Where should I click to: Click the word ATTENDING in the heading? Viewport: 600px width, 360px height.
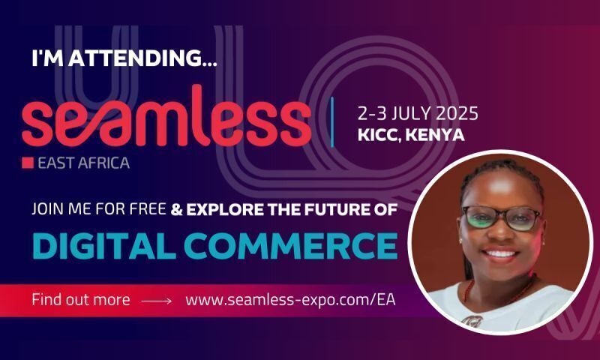[142, 58]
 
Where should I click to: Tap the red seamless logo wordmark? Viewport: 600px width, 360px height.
[166, 116]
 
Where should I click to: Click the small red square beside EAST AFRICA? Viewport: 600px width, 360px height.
[28, 163]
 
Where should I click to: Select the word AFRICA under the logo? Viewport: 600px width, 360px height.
[103, 163]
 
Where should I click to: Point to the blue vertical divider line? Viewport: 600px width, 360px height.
[331, 122]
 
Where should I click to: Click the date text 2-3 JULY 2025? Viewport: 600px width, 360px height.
[418, 113]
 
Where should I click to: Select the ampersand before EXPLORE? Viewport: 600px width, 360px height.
[176, 210]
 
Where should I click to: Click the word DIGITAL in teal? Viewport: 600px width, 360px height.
[104, 246]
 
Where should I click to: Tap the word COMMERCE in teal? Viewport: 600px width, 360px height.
[291, 246]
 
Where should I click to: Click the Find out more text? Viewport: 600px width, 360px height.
[81, 299]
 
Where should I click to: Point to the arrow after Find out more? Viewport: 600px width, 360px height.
[157, 301]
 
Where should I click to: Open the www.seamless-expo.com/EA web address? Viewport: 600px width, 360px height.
[290, 300]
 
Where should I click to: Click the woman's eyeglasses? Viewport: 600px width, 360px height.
[501, 218]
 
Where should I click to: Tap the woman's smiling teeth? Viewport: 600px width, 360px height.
[500, 253]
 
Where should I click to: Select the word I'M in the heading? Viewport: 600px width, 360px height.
[47, 58]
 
